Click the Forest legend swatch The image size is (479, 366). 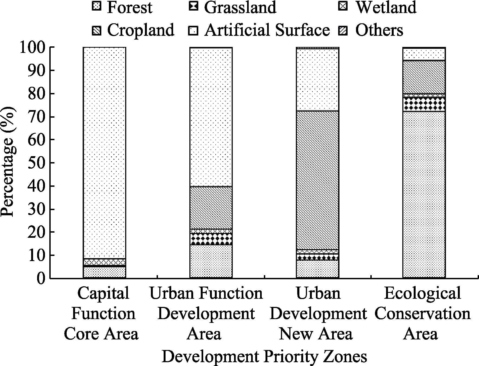pyautogui.click(x=97, y=6)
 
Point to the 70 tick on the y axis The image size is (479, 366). pyautogui.click(x=50, y=117)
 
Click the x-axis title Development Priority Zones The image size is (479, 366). pyautogui.click(x=264, y=357)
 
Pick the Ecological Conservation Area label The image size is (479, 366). pyautogui.click(x=422, y=313)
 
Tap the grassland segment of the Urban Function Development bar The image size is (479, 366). pyautogui.click(x=211, y=239)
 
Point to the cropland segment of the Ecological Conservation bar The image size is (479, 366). pyautogui.click(x=424, y=77)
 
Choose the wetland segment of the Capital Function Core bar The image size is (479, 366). pyautogui.click(x=104, y=262)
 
